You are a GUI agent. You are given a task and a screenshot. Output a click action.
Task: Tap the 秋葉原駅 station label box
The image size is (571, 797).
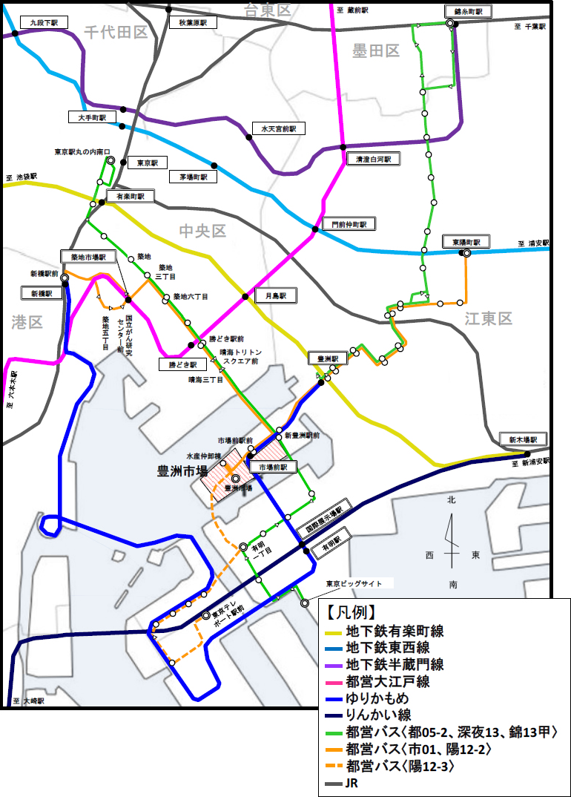pyautogui.click(x=193, y=23)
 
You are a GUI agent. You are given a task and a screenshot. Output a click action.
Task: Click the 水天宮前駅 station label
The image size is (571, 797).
pyautogui.click(x=278, y=128)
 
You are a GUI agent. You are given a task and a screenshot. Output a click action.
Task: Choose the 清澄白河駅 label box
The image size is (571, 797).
pyautogui.click(x=372, y=159)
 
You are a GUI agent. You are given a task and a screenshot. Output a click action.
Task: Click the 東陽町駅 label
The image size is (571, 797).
pyautogui.click(x=466, y=242)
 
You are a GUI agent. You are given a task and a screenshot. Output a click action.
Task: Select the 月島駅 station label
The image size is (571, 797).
pyautogui.click(x=274, y=295)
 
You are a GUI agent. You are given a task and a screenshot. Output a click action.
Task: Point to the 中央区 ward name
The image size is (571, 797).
pyautogui.click(x=202, y=231)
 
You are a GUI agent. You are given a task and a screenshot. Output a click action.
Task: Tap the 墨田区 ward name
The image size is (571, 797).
pyautogui.click(x=376, y=50)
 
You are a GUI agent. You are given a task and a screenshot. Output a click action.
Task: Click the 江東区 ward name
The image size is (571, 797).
pyautogui.click(x=489, y=319)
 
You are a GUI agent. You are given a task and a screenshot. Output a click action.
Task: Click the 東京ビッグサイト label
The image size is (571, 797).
pyautogui.click(x=355, y=584)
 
